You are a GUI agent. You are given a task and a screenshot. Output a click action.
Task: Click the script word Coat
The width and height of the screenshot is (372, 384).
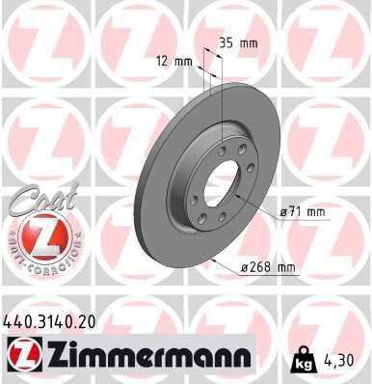[37, 200]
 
